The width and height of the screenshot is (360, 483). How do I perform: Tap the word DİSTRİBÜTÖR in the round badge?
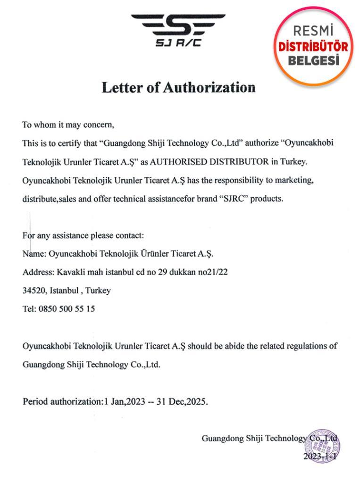click(313, 47)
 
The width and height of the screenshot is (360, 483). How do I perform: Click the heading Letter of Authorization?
click(179, 88)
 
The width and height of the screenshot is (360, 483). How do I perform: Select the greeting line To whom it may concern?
click(68, 125)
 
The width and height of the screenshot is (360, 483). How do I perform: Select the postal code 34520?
click(33, 291)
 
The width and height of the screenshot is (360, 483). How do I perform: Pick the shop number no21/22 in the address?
click(211, 272)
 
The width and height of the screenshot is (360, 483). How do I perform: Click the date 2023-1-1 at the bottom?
click(320, 457)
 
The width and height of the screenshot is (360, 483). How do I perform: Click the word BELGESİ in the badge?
click(313, 61)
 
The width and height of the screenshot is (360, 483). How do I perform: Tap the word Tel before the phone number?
click(28, 309)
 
